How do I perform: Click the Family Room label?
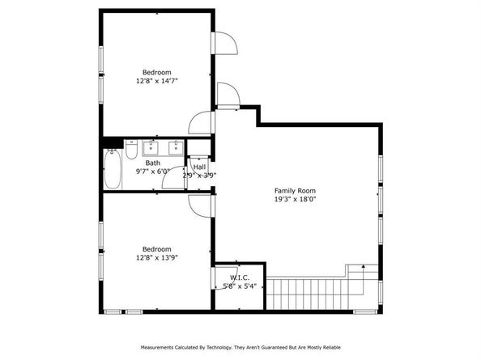tap(295, 191)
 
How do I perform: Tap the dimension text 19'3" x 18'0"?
tap(295, 199)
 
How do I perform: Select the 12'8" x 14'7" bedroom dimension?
tap(157, 81)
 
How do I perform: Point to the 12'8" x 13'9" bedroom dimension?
tap(157, 258)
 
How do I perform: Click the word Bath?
tap(153, 163)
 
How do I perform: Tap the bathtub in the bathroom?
tap(113, 169)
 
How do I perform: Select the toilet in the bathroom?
tap(132, 149)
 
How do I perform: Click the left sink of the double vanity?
tap(151, 148)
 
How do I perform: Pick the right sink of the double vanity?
tap(176, 148)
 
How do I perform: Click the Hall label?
tap(199, 167)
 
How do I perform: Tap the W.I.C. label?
tap(239, 278)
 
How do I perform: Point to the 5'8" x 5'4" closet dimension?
tap(239, 287)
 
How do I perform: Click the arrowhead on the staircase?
tap(364, 266)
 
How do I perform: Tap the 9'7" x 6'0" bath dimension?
tap(152, 172)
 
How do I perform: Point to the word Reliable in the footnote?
tap(331, 347)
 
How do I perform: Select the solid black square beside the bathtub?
tap(113, 143)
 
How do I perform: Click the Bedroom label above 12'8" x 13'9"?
tap(157, 249)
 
